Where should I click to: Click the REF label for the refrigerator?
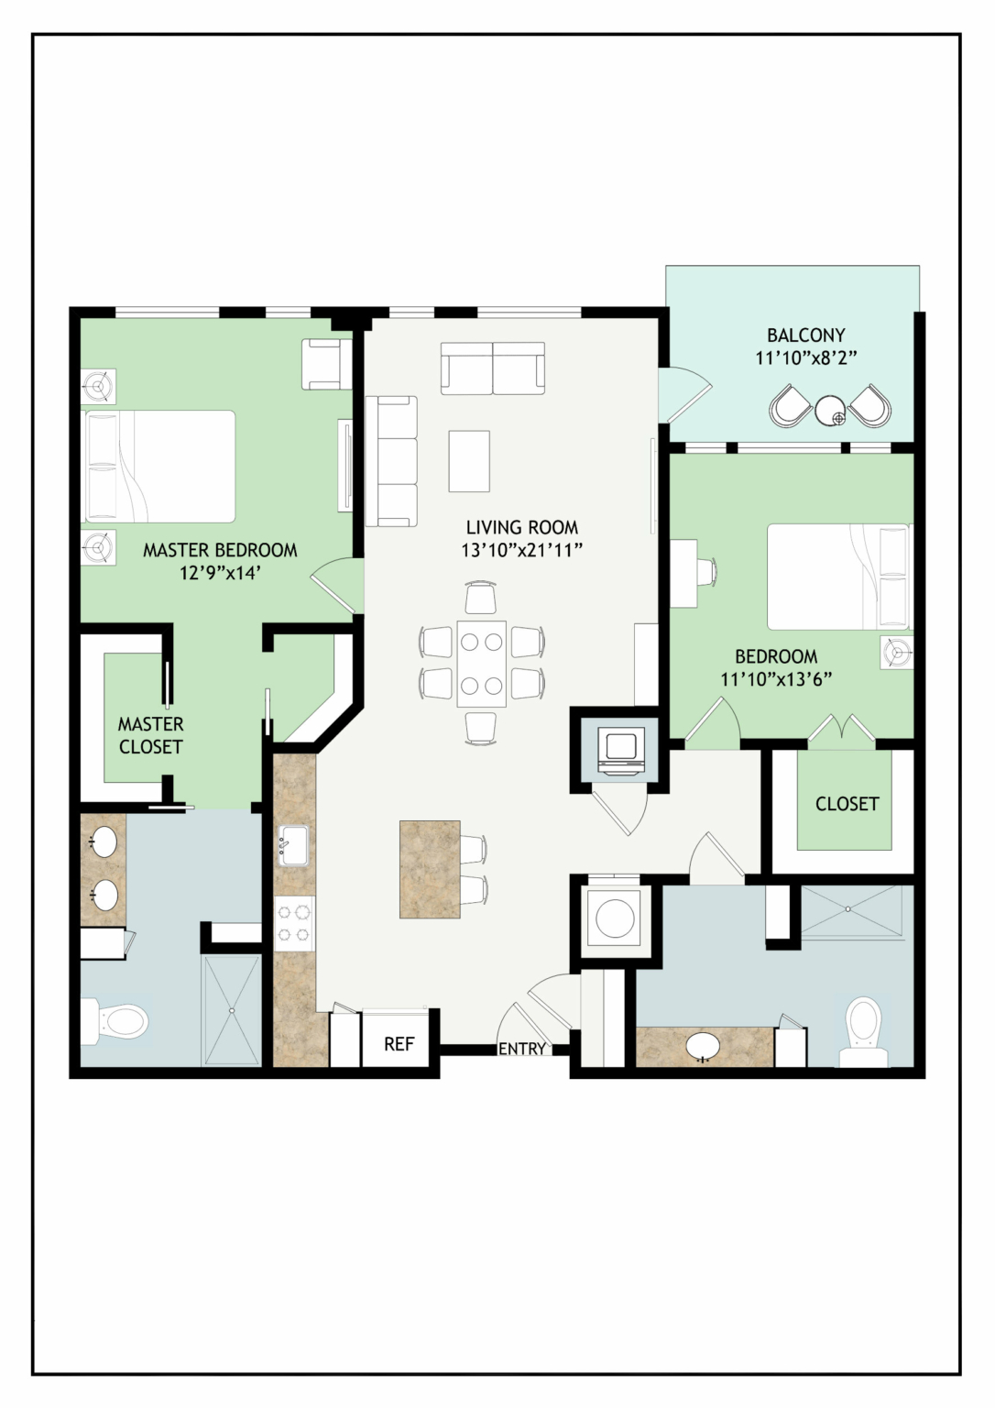[399, 1044]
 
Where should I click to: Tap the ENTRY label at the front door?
[522, 1049]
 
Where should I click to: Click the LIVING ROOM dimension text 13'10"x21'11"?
[522, 551]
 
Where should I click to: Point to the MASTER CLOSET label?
[151, 735]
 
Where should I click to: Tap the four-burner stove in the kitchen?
[295, 923]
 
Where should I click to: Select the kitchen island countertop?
[430, 870]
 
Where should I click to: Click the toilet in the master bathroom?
[115, 1021]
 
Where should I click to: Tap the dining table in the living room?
[482, 664]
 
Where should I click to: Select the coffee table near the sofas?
[469, 461]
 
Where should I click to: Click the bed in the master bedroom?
[160, 467]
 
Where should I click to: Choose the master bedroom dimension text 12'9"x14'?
[220, 573]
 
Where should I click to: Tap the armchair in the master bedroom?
[327, 365]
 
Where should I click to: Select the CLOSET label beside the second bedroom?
[847, 803]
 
